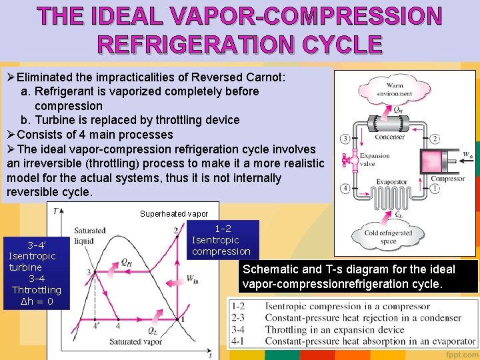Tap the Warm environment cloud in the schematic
click(x=394, y=89)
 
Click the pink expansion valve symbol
click(x=347, y=161)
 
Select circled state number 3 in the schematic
click(x=344, y=139)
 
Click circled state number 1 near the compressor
click(x=435, y=189)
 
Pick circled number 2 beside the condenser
click(x=435, y=139)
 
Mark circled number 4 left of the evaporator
click(x=344, y=189)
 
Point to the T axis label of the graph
click(x=53, y=211)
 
